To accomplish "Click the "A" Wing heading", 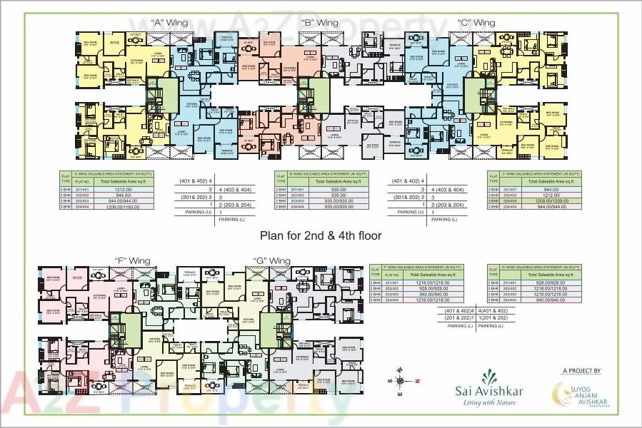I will click(169, 24).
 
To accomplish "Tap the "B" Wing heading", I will click(320, 24).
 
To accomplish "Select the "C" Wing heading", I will click(476, 24).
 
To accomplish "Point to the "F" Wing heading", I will click(131, 261).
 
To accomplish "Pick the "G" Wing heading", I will click(272, 261).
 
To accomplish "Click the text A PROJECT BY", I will click(581, 372).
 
